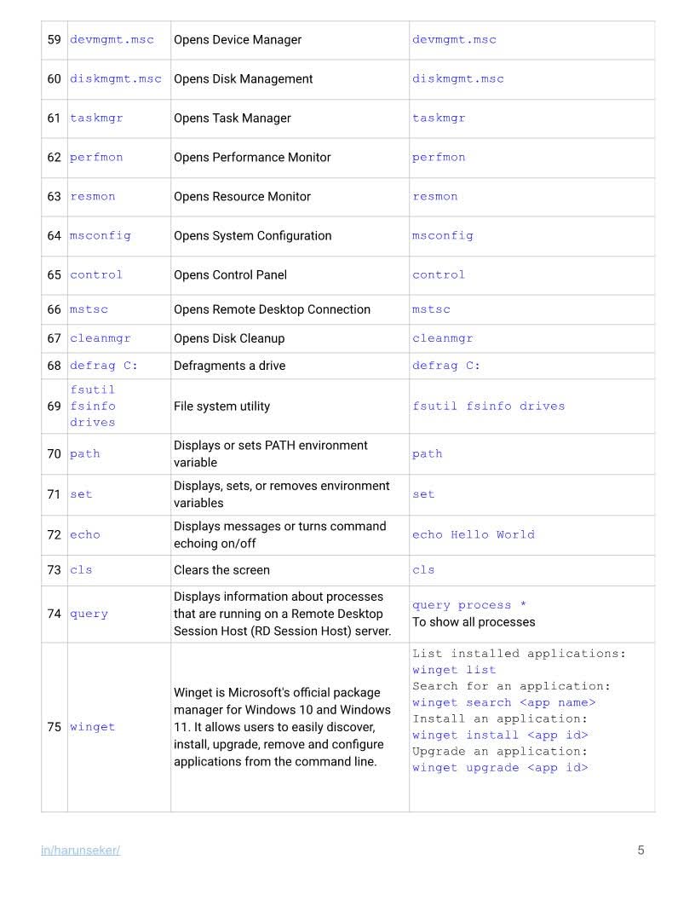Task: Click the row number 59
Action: (x=55, y=40)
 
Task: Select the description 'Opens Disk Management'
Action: (x=243, y=79)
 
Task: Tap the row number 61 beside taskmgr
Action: (x=55, y=118)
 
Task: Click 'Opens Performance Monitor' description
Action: (x=252, y=158)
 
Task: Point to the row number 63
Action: (x=55, y=197)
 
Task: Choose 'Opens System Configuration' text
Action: (x=252, y=236)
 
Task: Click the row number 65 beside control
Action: (x=55, y=275)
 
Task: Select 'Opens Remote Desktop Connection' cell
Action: (x=272, y=309)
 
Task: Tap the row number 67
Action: (x=55, y=338)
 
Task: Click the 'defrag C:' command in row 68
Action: (x=103, y=366)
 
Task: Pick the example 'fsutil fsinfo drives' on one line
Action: (x=488, y=407)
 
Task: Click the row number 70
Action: (x=55, y=454)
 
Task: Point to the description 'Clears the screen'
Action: (x=221, y=570)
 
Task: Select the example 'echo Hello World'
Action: (x=473, y=535)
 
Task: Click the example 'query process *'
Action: (x=468, y=605)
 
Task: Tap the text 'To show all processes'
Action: (x=474, y=622)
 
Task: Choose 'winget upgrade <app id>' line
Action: (x=500, y=768)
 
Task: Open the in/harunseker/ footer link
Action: (x=80, y=851)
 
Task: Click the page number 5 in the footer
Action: (x=640, y=851)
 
